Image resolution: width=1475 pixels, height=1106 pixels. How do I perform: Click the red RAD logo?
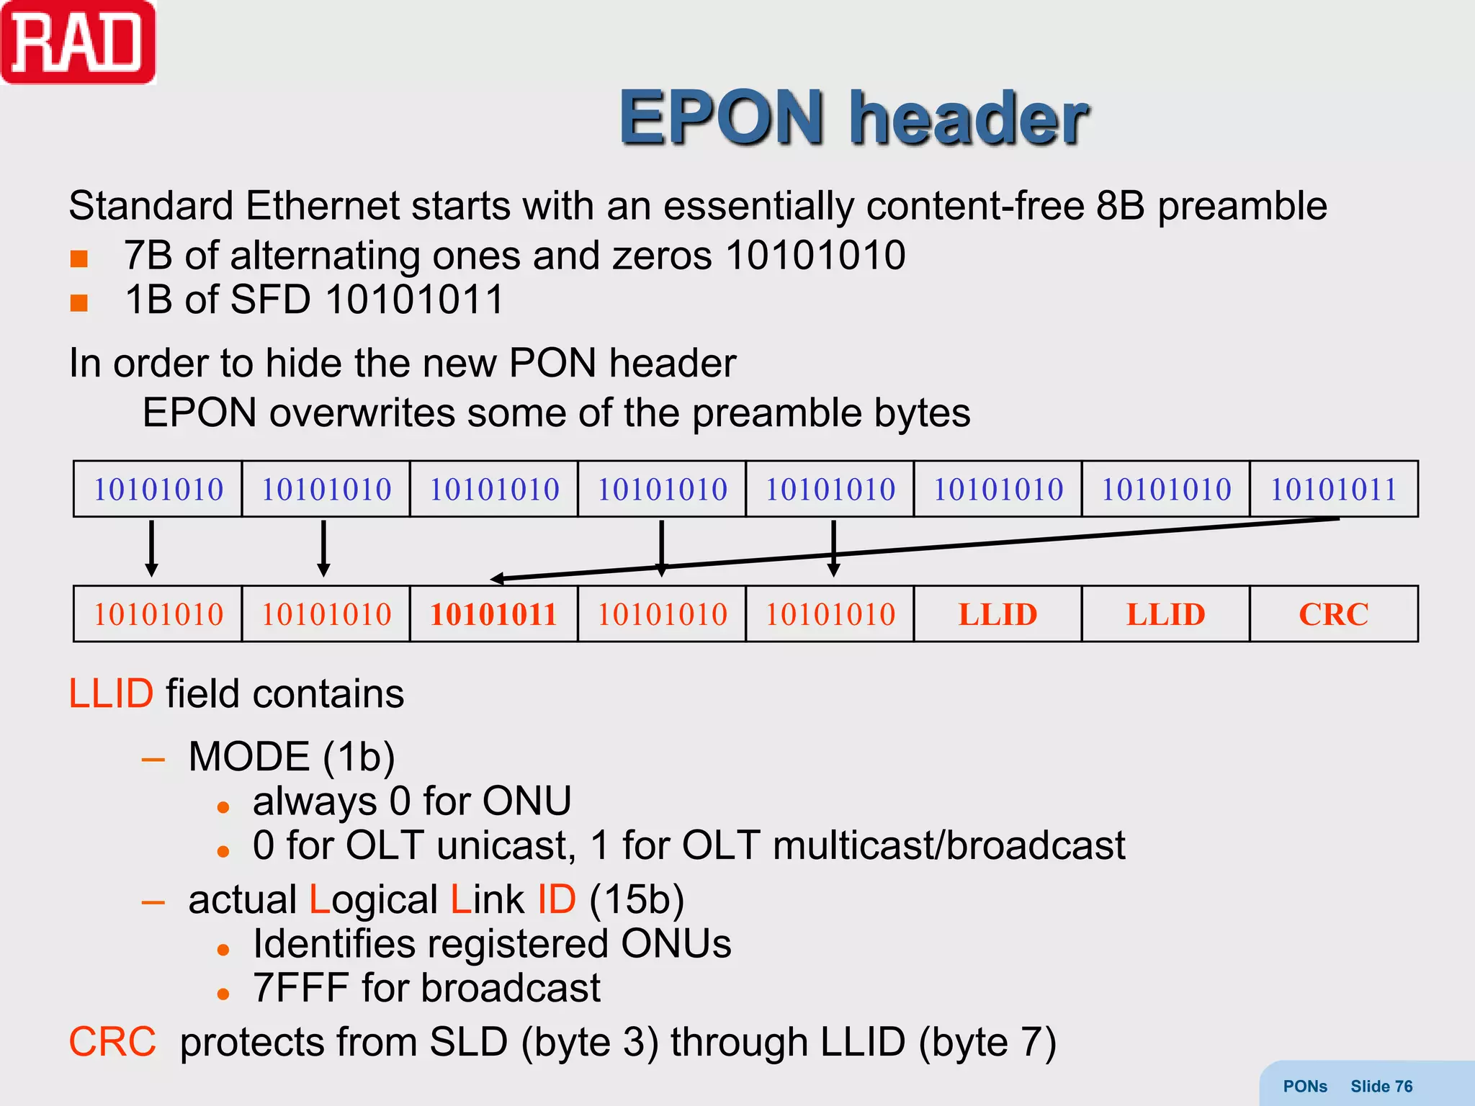coord(78,43)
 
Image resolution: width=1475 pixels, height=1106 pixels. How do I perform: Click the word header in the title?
coord(968,118)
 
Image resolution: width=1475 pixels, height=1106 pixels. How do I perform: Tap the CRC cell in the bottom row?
coord(1333,614)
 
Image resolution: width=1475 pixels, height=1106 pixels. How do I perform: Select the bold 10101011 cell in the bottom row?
coord(493,614)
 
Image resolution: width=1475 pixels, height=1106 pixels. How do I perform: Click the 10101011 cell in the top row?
coord(1333,490)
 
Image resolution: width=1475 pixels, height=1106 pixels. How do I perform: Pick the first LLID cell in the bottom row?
coord(997,614)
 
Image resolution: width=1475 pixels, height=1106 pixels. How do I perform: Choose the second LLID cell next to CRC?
coord(1165,614)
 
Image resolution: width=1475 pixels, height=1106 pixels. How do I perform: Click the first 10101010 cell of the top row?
coord(158,490)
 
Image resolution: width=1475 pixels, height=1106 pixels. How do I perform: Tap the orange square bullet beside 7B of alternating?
coord(79,258)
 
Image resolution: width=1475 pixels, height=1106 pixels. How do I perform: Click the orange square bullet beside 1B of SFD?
coord(79,302)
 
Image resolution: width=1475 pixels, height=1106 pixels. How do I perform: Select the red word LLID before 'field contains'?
coord(111,694)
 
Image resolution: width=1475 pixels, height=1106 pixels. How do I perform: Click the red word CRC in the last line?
coord(112,1042)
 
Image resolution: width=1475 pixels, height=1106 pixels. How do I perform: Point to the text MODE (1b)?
coord(292,757)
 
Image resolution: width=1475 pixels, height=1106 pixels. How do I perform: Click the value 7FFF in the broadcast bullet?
coord(300,988)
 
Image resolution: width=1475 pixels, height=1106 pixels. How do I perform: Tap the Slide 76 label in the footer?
coord(1381,1087)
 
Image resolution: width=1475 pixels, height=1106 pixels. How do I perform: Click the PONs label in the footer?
coord(1304,1087)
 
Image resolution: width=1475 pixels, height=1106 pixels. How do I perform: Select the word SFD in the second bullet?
coord(270,300)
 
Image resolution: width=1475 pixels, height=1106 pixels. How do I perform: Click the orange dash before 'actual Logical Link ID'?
coord(153,902)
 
